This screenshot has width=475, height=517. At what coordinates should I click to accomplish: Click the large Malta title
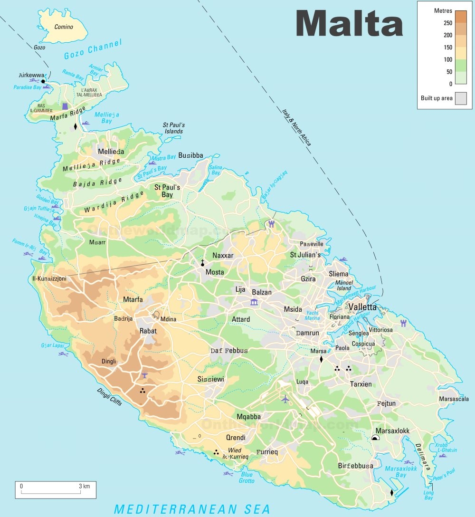point(349,22)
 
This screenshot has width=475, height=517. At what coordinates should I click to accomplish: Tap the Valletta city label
point(362,307)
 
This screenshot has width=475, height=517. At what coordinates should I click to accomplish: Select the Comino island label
point(64,27)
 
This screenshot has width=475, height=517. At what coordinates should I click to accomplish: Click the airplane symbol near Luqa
point(285,399)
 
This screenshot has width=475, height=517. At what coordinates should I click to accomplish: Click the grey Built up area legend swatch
point(460,98)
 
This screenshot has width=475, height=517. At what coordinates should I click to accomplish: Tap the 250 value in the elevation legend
point(448,23)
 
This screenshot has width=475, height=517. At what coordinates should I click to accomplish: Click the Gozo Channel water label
point(93,50)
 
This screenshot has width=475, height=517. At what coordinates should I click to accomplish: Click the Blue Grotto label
point(247,478)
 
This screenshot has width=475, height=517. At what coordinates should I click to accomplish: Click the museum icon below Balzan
point(254,303)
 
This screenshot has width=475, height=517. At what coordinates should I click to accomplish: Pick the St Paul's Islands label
point(173,128)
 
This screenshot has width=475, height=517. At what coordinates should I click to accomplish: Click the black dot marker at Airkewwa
point(43,82)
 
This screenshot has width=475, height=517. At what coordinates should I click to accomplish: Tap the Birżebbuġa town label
point(355,466)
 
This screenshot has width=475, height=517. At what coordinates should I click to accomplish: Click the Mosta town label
point(215,272)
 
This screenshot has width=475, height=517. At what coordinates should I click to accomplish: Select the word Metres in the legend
point(443,10)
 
